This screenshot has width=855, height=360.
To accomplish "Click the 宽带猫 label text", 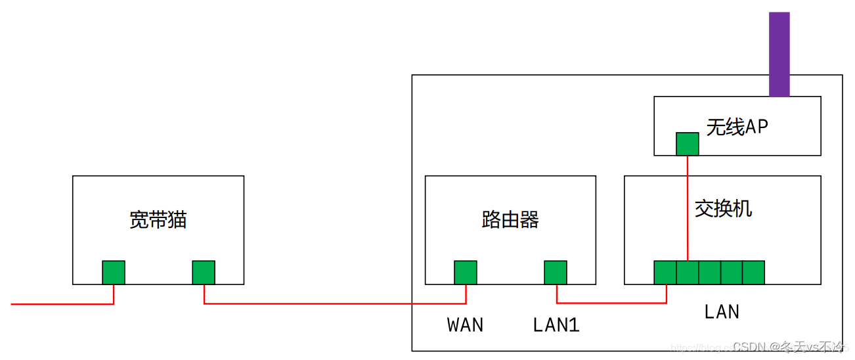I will pyautogui.click(x=158, y=219).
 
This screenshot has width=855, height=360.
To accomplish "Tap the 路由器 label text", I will pyautogui.click(x=510, y=219).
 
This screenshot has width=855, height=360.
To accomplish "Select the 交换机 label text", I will pyautogui.click(x=723, y=208).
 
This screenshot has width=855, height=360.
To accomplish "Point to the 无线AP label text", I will pyautogui.click(x=737, y=127).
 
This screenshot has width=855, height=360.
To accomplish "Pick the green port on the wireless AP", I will pyautogui.click(x=688, y=144).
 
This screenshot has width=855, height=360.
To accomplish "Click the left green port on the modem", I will pyautogui.click(x=114, y=272).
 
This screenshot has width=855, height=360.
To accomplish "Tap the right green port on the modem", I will pyautogui.click(x=204, y=272).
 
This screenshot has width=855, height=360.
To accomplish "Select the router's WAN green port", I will pyautogui.click(x=466, y=272).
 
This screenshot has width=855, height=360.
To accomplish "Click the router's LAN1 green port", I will pyautogui.click(x=556, y=272).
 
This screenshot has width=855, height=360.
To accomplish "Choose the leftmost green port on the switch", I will pyautogui.click(x=665, y=272).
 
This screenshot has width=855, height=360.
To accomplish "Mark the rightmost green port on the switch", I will pyautogui.click(x=753, y=272).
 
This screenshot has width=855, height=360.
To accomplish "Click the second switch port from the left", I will pyautogui.click(x=688, y=272).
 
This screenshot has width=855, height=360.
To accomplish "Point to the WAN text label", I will pyautogui.click(x=465, y=325).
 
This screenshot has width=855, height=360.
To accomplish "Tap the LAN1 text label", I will pyautogui.click(x=556, y=325).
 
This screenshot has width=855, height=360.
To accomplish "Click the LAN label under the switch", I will pyautogui.click(x=722, y=311).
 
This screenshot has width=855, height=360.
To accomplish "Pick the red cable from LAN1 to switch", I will pyautogui.click(x=611, y=303).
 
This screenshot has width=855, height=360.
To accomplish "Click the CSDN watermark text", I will pyautogui.click(x=788, y=347).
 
